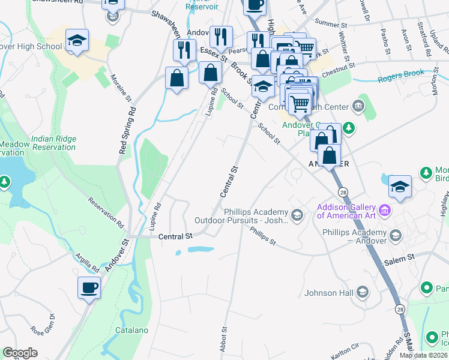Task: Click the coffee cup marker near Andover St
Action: point(89,287)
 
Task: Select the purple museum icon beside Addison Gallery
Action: point(385,211)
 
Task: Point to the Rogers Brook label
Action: point(400,75)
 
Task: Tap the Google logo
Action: point(20,353)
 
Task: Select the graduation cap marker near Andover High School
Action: point(77,41)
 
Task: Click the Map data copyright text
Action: point(423,355)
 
